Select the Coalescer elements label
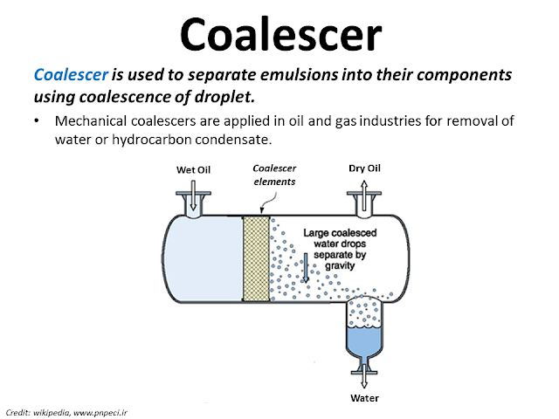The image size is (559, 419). click(273, 175)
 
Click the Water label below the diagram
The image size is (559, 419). click(365, 398)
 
